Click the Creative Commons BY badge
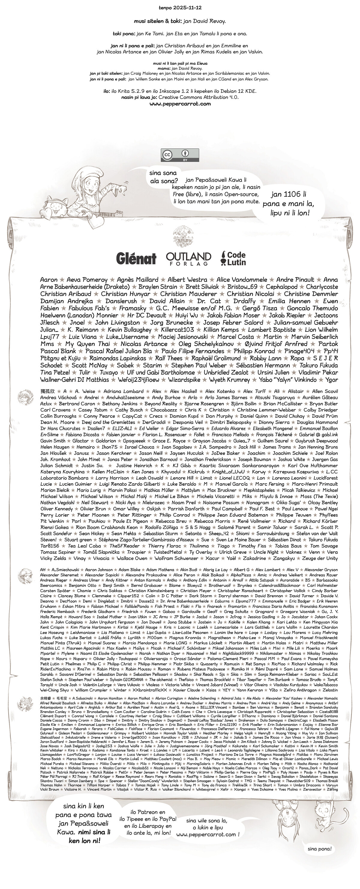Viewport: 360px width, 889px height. pyautogui.click(x=180, y=155)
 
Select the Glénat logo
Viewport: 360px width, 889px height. pyautogui.click(x=136, y=258)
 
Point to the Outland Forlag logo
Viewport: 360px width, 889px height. pyautogui.click(x=188, y=258)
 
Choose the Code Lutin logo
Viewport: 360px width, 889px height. pyautogui.click(x=233, y=258)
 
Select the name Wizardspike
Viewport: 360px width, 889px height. pyautogui.click(x=184, y=380)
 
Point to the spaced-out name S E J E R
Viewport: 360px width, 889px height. pyautogui.click(x=325, y=358)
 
